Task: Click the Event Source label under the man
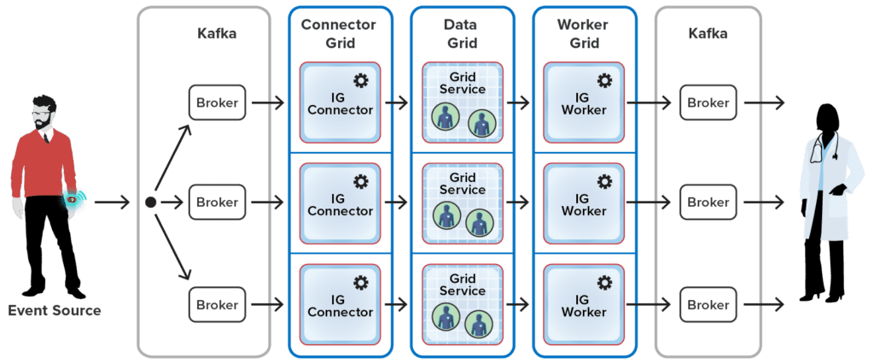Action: coord(54,311)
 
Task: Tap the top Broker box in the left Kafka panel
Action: coord(217,103)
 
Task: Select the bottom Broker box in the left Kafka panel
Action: coord(217,304)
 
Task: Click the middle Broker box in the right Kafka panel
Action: coord(708,203)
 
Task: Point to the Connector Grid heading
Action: coord(339,32)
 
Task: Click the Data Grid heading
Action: coord(462,32)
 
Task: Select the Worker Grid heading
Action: coord(585,32)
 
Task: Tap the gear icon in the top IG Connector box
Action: coord(361,80)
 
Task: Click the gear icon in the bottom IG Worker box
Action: coord(604,282)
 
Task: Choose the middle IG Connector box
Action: coord(340,203)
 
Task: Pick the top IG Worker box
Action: coord(585,103)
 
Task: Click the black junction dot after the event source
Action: coord(150,203)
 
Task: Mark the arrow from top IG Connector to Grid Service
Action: coord(397,103)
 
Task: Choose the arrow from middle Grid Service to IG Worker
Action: coord(519,203)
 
